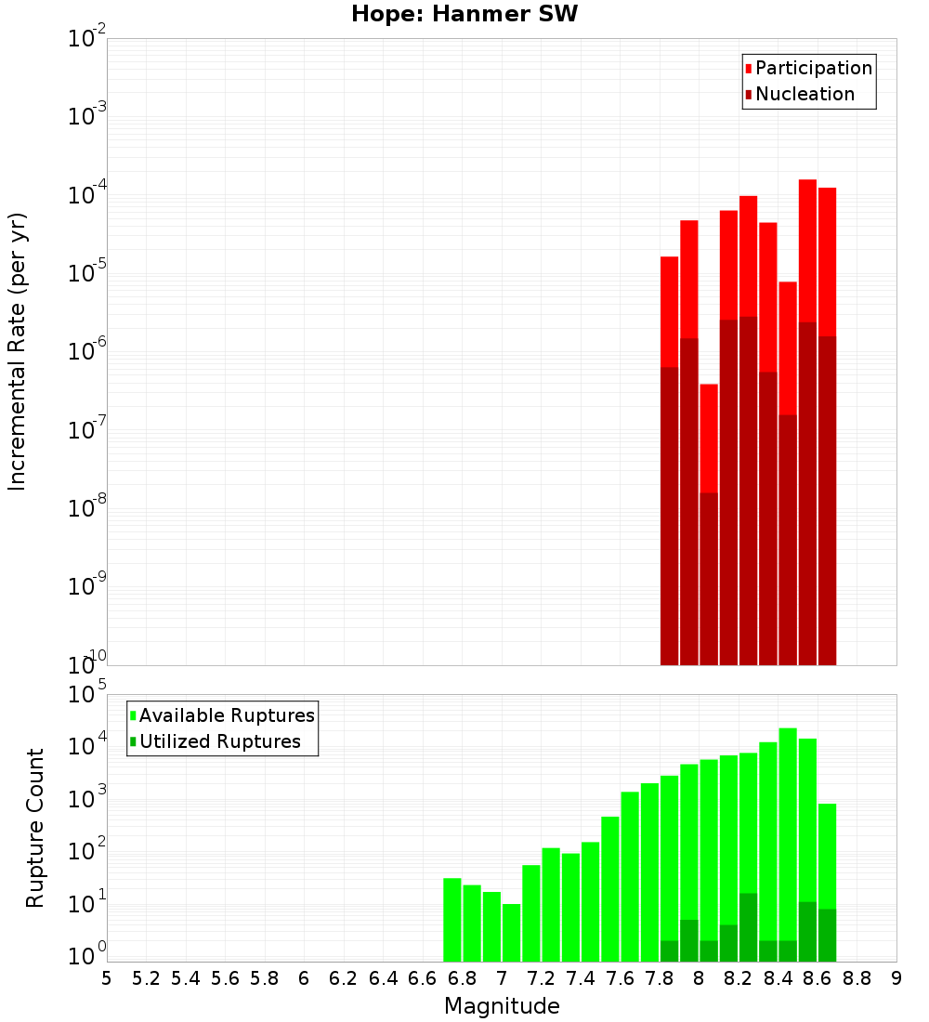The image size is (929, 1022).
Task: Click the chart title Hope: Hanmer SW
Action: [464, 15]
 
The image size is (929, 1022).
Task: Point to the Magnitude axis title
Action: [502, 1006]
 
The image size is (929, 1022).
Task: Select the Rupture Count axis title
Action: [35, 827]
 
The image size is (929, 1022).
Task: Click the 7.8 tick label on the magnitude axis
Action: [660, 978]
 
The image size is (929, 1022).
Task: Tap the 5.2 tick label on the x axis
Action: [147, 978]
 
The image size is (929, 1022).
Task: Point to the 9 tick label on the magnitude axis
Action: [896, 978]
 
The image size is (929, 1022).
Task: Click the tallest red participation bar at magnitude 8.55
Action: [807, 251]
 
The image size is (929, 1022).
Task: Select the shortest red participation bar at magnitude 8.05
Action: [709, 437]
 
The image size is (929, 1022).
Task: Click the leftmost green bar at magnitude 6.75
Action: [452, 920]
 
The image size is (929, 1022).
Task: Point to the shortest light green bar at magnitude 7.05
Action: [512, 933]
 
